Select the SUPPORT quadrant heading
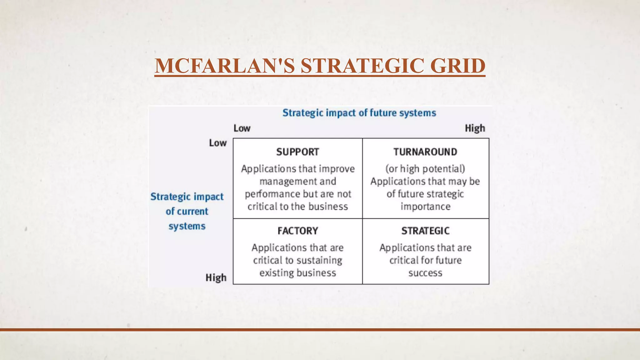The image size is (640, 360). coord(297,152)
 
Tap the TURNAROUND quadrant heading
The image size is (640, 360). coord(425,152)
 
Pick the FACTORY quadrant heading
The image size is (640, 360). coord(298,231)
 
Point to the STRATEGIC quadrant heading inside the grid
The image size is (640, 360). coord(425,231)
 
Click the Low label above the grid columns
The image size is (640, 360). coord(242,128)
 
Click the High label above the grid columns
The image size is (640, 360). coord(475,128)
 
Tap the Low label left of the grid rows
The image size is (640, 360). coord(217,143)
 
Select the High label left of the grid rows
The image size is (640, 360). coord(216,277)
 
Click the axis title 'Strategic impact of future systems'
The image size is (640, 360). coord(359,113)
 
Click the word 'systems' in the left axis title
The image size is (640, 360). coord(187,226)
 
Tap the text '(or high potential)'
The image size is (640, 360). coord(425,169)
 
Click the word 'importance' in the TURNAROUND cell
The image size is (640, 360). coord(425,207)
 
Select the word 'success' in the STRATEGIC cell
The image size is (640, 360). coord(425,273)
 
